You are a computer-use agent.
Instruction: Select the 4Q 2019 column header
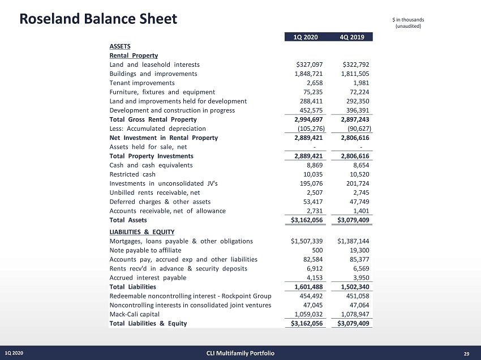(351, 37)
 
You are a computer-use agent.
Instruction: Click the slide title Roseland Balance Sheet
(98, 19)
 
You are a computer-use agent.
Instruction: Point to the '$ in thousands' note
(408, 21)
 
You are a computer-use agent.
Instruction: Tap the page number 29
(466, 354)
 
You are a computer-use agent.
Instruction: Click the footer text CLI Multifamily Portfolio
(240, 354)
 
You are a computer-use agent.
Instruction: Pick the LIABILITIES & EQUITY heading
(142, 232)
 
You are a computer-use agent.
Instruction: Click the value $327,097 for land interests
(311, 65)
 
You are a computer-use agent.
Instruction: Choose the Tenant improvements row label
(142, 83)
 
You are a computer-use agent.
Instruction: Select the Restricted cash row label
(132, 174)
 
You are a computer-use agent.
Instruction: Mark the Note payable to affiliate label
(145, 250)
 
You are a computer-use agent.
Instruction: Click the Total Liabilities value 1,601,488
(309, 287)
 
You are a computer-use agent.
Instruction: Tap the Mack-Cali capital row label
(135, 314)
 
